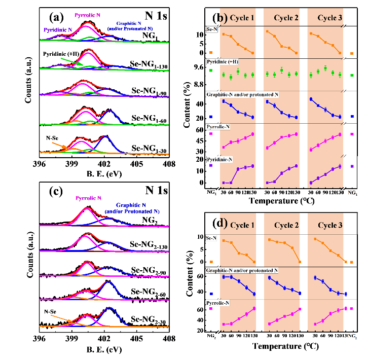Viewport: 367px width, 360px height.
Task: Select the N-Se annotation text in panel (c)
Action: [x=52, y=312]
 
